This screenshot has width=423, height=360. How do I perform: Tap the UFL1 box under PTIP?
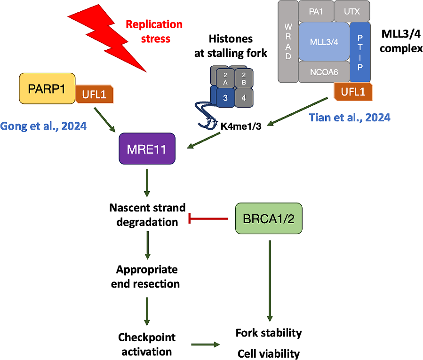click(353, 91)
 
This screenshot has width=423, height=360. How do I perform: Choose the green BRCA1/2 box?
click(268, 219)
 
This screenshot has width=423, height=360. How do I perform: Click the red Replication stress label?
click(154, 31)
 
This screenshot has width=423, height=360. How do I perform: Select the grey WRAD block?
click(288, 41)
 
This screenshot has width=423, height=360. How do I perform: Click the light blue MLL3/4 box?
click(324, 42)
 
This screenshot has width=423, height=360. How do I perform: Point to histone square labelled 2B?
click(243, 78)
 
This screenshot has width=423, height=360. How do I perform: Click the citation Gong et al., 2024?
click(44, 125)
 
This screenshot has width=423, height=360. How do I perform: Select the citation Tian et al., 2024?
click(350, 117)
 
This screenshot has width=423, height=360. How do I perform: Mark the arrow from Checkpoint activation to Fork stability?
click(206, 344)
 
